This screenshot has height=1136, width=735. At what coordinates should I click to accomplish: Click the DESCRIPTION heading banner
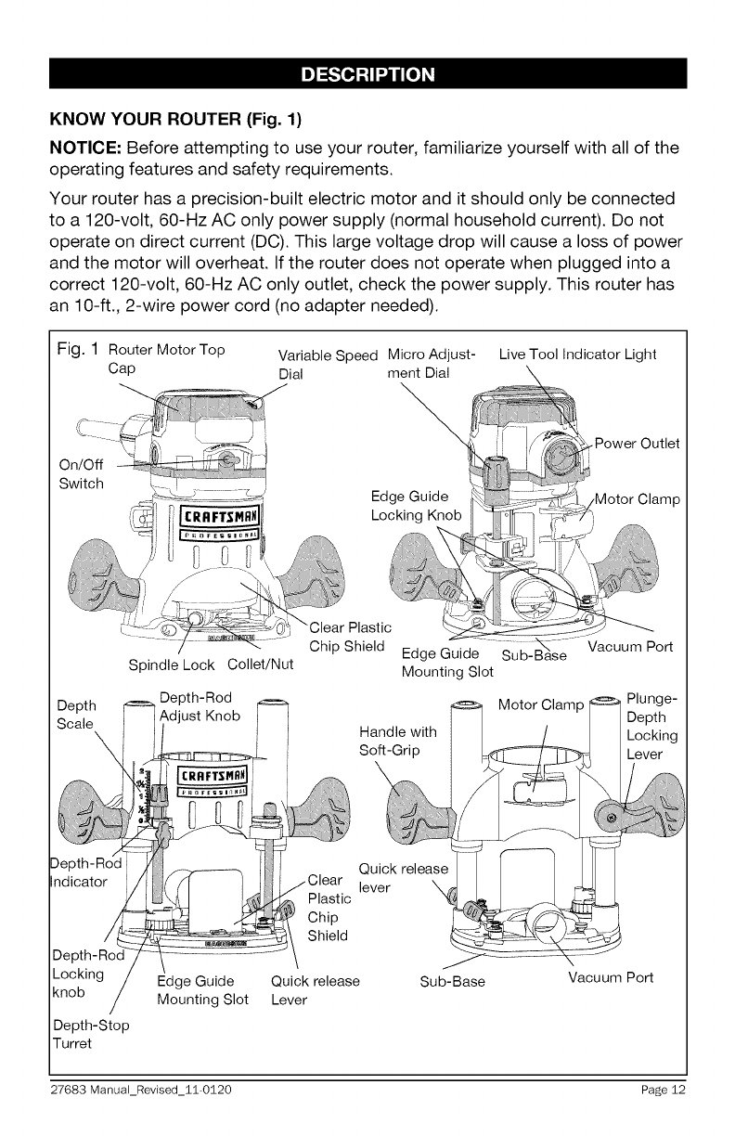(x=367, y=73)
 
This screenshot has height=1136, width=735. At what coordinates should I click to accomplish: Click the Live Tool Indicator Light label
(x=577, y=354)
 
